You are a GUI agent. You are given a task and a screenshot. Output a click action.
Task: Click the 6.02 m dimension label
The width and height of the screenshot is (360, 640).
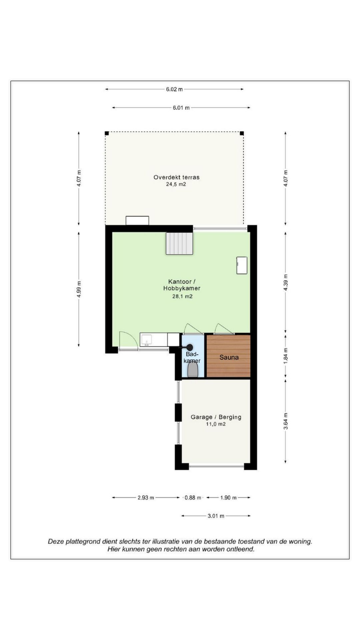click(174, 89)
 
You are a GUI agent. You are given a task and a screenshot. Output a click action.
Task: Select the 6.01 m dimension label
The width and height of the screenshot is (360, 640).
click(181, 108)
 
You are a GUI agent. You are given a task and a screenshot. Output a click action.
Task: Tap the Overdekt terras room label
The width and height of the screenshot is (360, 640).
click(176, 177)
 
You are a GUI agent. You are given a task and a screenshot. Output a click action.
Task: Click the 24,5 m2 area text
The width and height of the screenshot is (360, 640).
click(176, 184)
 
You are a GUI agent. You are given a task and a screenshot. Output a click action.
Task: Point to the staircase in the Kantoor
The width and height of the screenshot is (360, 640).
click(179, 243)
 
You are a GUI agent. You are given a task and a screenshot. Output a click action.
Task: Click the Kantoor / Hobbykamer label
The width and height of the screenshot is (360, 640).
click(182, 285)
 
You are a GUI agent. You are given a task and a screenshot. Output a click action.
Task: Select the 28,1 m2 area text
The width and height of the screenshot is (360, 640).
click(182, 296)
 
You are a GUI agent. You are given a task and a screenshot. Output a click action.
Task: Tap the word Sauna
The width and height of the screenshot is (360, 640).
click(229, 357)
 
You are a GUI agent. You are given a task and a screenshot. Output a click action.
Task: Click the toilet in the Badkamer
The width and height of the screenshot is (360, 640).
click(192, 370)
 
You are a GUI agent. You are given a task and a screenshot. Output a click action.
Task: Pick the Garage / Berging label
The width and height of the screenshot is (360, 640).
click(216, 417)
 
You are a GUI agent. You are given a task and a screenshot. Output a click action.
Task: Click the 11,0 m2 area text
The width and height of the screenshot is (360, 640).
click(216, 424)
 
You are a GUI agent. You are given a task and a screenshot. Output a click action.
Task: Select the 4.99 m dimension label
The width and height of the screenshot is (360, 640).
click(79, 289)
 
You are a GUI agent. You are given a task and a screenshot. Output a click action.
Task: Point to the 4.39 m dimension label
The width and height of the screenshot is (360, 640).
click(286, 282)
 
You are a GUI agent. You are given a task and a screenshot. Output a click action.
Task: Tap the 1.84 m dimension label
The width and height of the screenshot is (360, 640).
click(286, 356)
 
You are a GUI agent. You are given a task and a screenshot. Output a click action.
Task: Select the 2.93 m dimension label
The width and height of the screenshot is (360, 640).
click(146, 498)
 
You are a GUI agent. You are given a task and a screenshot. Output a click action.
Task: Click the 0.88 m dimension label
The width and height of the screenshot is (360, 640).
click(193, 498)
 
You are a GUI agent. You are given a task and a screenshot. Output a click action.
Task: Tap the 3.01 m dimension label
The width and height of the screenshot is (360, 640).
click(216, 516)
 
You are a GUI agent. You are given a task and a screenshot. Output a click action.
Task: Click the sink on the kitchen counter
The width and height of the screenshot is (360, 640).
click(146, 340)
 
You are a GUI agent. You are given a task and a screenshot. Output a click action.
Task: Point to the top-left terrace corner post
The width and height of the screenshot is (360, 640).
click(107, 133)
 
